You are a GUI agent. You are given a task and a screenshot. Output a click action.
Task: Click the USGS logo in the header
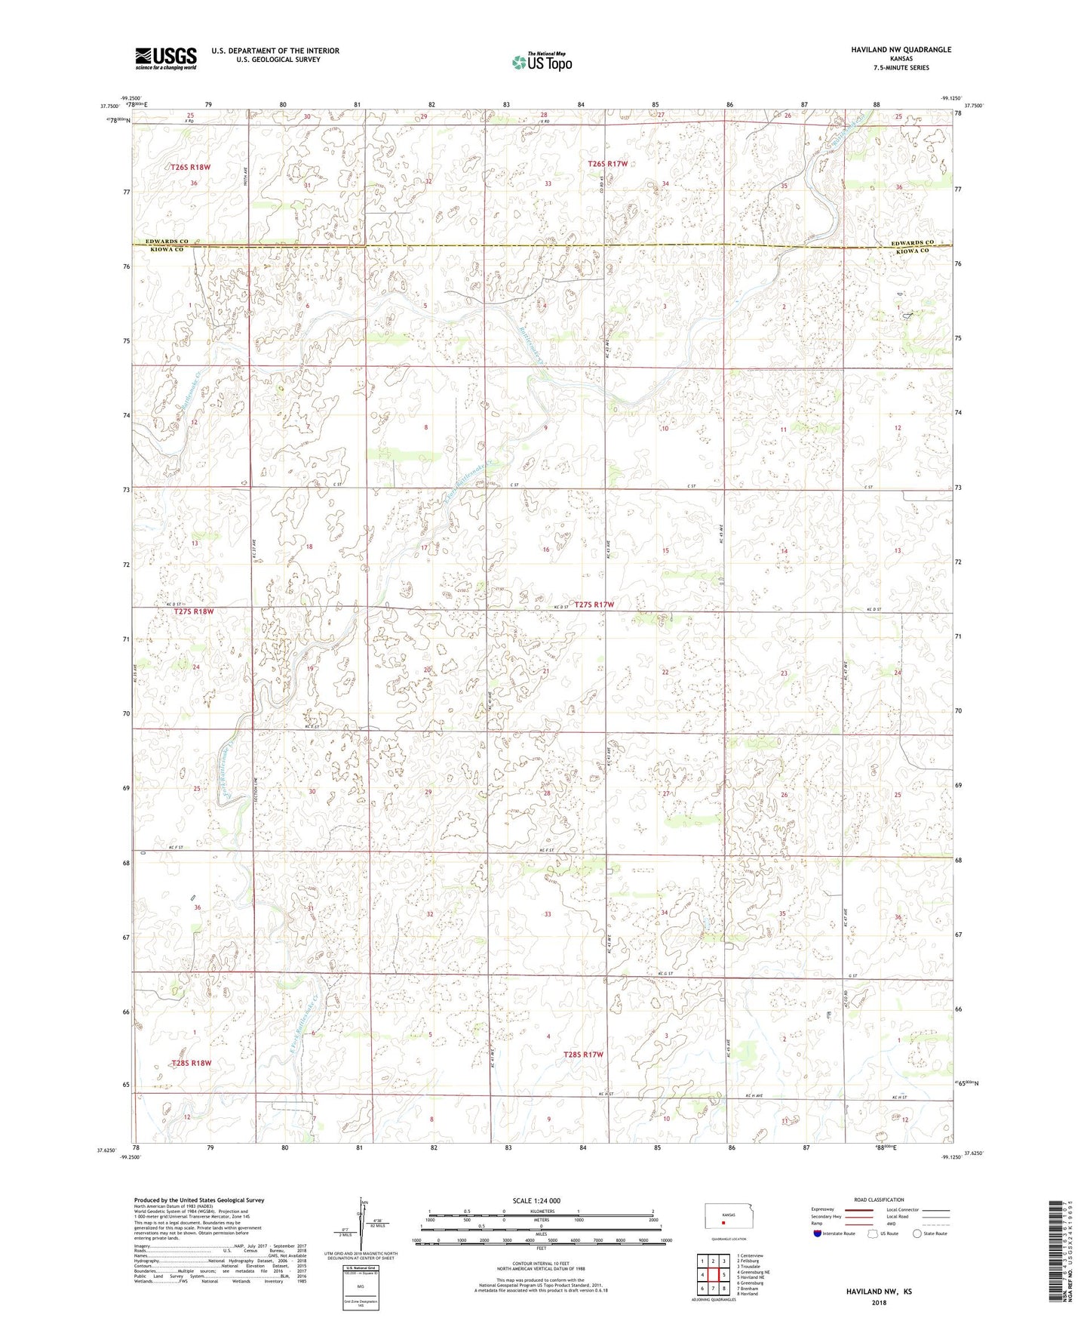point(166,58)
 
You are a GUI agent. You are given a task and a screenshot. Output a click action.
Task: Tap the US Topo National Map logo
point(542,62)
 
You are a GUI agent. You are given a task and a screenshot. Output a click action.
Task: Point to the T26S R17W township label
point(607,164)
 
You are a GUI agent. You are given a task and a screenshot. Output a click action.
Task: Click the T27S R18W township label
point(194,611)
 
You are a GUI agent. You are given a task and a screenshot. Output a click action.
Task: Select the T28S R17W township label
point(583,1055)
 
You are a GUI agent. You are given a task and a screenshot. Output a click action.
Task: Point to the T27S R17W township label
point(594,605)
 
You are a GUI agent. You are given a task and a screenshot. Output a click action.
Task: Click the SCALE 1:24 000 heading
point(536,1201)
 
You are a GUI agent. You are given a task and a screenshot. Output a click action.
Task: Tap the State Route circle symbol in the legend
point(917,1233)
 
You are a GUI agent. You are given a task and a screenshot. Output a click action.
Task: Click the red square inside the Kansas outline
point(723,1225)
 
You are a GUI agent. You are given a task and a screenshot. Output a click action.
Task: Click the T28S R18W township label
point(191,1063)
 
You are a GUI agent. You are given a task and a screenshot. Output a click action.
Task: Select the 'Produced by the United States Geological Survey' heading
point(199,1199)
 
